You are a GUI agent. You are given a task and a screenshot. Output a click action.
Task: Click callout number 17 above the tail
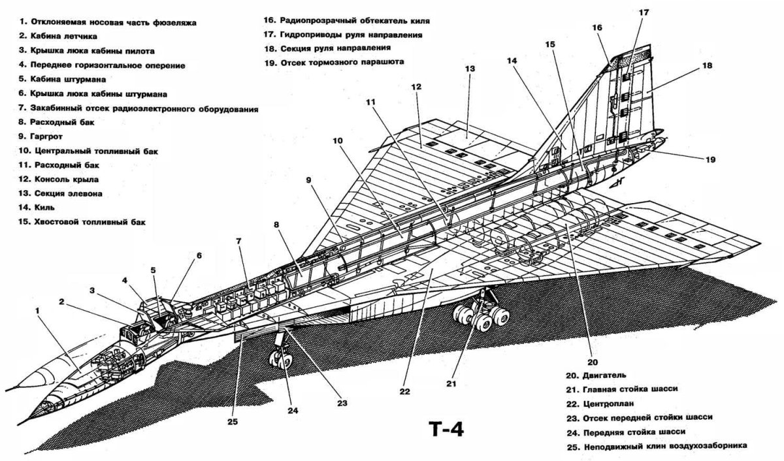pyautogui.click(x=644, y=12)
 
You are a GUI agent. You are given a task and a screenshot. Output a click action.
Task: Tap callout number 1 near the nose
pyautogui.click(x=39, y=311)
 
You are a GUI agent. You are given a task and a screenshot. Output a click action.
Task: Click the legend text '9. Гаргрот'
pyautogui.click(x=46, y=136)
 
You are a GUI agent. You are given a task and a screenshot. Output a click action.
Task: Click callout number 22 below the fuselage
pyautogui.click(x=404, y=392)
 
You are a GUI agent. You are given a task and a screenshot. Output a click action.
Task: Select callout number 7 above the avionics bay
pyautogui.click(x=239, y=241)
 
